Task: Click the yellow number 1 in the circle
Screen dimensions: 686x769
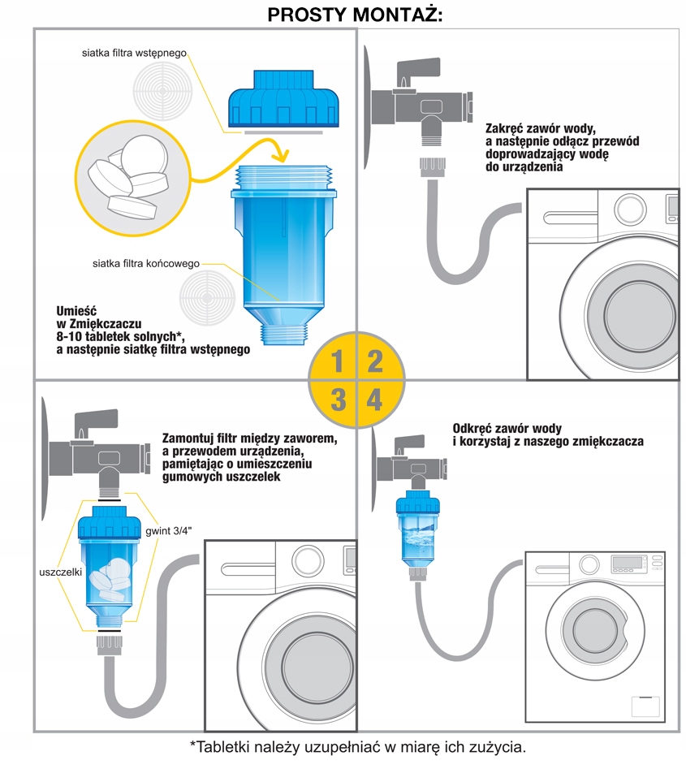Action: coord(337,361)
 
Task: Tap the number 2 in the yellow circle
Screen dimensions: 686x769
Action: coord(375,361)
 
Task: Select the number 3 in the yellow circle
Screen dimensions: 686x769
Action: coord(338,400)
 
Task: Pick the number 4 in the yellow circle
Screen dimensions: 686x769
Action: coord(374,400)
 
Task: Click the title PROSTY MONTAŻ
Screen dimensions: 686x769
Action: coord(355,15)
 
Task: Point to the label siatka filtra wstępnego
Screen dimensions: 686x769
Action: coord(134,53)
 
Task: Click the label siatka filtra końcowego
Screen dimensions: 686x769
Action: coord(145,263)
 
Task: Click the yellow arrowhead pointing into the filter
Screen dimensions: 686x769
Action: coord(280,153)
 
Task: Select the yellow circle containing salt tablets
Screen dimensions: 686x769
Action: coord(132,179)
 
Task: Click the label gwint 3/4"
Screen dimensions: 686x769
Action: coord(168,531)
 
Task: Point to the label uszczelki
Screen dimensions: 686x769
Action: coord(60,572)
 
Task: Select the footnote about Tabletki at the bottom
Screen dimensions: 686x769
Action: coord(358,747)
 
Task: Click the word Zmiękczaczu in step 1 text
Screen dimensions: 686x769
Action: coord(106,324)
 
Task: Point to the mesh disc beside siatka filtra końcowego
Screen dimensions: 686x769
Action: coord(207,297)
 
